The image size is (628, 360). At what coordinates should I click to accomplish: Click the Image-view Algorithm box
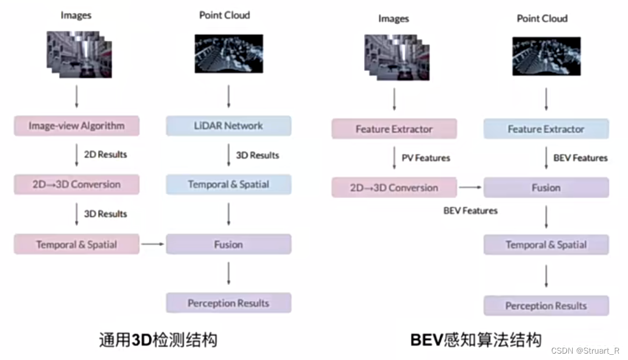click(77, 126)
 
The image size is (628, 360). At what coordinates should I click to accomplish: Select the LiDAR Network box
click(229, 126)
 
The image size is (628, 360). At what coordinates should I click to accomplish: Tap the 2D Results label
click(105, 155)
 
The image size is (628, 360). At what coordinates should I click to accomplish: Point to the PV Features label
click(426, 158)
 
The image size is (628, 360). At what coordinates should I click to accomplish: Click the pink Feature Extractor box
click(394, 129)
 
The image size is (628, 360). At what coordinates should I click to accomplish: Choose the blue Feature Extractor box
click(546, 129)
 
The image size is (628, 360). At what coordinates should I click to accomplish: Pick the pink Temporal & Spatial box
click(77, 244)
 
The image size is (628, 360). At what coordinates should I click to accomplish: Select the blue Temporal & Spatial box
click(229, 184)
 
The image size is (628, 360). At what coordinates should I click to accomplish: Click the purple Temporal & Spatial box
click(546, 245)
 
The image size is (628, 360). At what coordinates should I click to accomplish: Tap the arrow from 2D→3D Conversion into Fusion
click(470, 188)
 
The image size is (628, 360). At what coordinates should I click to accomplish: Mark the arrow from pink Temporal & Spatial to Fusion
click(152, 244)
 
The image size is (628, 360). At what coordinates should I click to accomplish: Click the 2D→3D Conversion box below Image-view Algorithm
click(77, 184)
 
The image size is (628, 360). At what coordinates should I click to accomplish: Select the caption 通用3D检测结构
click(158, 340)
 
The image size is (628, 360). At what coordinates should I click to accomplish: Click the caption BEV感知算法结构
click(476, 340)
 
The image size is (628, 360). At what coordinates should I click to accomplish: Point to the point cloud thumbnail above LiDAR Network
click(229, 53)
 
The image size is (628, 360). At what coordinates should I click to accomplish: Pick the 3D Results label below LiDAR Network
click(257, 155)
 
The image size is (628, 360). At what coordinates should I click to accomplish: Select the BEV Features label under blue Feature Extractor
click(580, 158)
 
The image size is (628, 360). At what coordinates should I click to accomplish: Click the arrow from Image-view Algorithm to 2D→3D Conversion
click(77, 155)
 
